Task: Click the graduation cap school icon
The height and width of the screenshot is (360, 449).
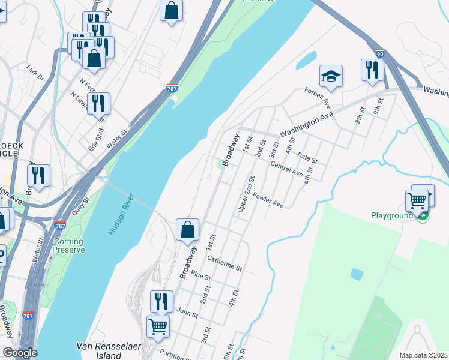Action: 331,76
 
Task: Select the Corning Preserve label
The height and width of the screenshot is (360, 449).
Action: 68,245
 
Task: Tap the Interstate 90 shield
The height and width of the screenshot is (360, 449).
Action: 380,53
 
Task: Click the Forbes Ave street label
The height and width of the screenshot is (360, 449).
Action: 318,96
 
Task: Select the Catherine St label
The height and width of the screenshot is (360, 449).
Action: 224,262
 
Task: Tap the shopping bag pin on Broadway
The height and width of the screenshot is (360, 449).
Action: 187,229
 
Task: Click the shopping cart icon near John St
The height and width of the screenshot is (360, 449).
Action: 158,326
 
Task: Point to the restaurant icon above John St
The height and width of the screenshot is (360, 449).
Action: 161,301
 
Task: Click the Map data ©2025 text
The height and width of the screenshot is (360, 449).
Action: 423,355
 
